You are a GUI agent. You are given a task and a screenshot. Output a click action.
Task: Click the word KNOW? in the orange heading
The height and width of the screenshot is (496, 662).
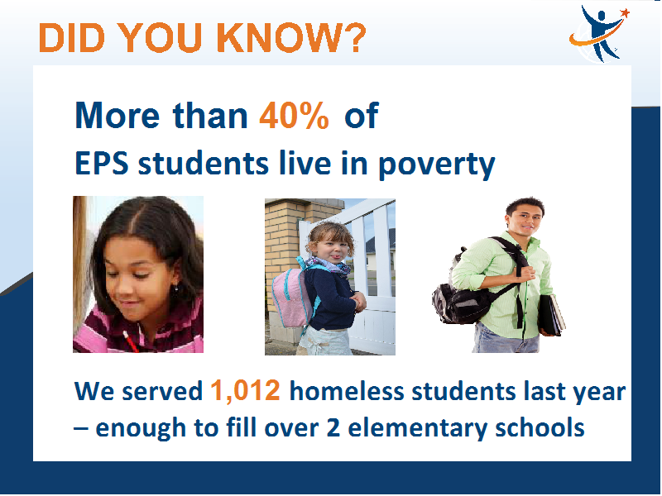[x=292, y=37]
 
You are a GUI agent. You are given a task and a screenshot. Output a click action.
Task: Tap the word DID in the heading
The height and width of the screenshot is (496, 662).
[x=71, y=37]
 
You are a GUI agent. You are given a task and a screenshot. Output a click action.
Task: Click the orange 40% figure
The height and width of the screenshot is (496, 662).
[x=294, y=115]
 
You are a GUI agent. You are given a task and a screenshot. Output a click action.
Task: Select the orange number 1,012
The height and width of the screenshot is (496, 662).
[x=245, y=390]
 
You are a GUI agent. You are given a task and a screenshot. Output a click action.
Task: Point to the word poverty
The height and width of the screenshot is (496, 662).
[x=436, y=165]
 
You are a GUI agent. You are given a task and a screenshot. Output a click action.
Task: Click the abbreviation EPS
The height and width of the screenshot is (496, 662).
[x=102, y=163]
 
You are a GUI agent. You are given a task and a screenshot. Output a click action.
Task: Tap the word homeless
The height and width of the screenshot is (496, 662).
[x=347, y=390]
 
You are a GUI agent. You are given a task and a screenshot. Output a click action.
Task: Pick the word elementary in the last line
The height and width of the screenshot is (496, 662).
[x=418, y=427]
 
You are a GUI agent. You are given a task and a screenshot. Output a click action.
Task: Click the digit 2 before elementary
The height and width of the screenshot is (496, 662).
[x=333, y=427]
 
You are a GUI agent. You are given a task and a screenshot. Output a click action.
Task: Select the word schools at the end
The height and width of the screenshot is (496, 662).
[x=540, y=427]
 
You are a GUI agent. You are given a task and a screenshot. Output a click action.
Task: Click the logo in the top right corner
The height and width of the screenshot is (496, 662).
[x=599, y=33]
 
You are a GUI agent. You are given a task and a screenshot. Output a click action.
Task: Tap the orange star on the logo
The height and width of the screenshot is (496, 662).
[x=625, y=13]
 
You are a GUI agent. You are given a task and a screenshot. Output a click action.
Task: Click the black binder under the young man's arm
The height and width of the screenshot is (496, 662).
[x=552, y=315]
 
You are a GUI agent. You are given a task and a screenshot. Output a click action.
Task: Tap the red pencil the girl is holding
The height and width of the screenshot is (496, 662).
[x=131, y=341]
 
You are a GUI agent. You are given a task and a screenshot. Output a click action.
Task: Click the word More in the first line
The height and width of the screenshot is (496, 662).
[x=118, y=116]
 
